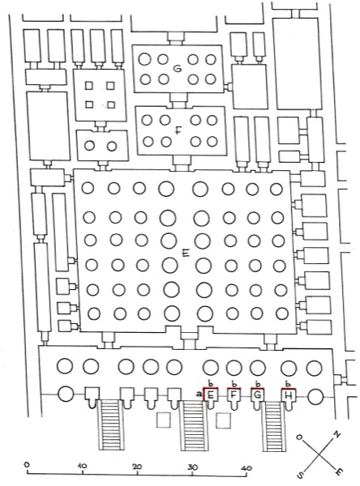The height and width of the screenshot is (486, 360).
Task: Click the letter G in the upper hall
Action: (178, 68)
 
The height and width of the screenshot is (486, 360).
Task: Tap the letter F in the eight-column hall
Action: (178, 130)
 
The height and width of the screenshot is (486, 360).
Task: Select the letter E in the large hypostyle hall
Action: (186, 254)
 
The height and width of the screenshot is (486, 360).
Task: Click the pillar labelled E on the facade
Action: (210, 398)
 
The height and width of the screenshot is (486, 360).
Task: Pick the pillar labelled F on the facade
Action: (234, 398)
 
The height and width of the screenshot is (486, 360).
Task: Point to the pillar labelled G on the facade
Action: (258, 398)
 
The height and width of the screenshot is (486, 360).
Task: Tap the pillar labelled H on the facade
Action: (289, 398)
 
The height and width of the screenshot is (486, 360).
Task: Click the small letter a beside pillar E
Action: (199, 394)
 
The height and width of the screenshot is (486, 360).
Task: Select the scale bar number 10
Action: (82, 465)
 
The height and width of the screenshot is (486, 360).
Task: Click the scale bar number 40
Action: (247, 468)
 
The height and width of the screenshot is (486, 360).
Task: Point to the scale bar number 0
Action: (27, 465)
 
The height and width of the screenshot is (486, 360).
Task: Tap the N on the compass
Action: (336, 434)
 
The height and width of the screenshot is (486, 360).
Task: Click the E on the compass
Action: (339, 471)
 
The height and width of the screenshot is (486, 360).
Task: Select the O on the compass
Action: (299, 437)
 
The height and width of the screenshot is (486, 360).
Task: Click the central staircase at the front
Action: (193, 424)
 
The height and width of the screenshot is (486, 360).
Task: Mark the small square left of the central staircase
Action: (163, 420)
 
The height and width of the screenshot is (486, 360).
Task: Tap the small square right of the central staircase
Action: (224, 420)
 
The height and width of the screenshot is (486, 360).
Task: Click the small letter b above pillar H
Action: (288, 384)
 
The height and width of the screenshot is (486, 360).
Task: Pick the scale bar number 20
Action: (137, 467)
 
